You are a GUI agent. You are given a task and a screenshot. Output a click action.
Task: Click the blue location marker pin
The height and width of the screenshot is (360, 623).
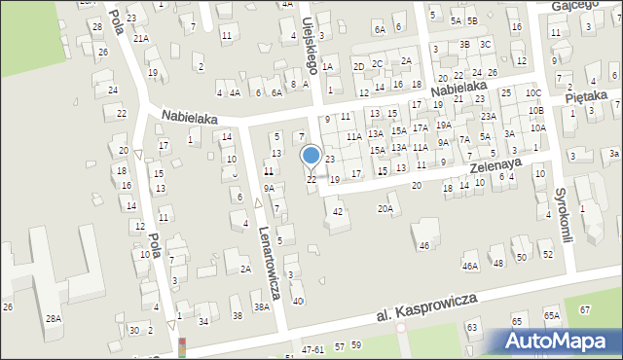(311, 156)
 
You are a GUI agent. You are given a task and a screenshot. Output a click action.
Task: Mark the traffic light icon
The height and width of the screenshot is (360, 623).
(180, 346)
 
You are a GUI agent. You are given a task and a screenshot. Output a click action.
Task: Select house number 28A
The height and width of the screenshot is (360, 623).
(53, 318)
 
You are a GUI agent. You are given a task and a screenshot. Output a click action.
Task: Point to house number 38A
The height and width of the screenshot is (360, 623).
(261, 306)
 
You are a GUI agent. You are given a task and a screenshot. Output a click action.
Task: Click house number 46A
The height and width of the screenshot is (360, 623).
(470, 266)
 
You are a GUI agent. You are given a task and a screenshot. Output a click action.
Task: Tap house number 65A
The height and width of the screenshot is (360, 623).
(552, 316)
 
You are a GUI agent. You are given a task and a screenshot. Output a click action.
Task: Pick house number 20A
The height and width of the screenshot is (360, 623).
(385, 208)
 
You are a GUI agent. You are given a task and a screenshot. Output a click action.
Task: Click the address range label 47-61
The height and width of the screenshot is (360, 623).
(312, 347)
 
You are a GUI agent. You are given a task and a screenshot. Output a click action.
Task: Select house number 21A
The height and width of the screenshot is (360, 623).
(141, 38)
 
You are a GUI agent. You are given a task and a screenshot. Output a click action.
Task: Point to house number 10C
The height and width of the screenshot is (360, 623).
(532, 93)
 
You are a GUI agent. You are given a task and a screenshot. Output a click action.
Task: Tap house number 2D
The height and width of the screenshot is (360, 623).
(358, 66)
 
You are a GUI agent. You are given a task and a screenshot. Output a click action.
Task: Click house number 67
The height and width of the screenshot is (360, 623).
(584, 309)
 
